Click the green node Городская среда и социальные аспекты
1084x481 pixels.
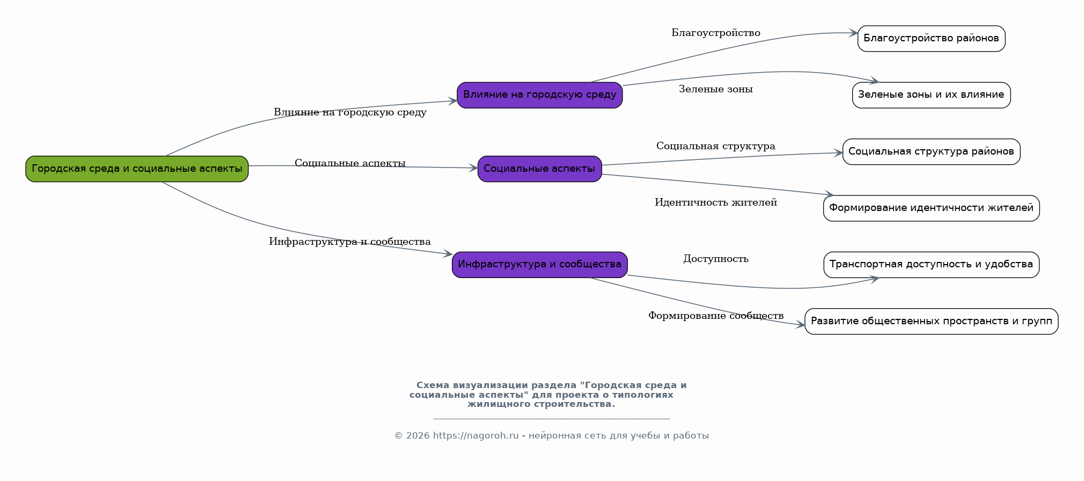137,169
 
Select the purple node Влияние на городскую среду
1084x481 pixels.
540,95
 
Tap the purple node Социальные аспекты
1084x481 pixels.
540,169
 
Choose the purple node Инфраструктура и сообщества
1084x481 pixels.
540,265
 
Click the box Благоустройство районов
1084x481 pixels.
931,39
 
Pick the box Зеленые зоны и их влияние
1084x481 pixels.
931,95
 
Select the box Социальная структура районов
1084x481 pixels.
931,152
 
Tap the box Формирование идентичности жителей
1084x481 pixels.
931,208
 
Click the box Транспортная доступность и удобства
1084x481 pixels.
931,265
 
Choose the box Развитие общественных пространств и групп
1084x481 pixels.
931,322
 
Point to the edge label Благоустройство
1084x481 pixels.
716,33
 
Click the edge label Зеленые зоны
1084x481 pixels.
716,89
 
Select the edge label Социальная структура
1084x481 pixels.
716,146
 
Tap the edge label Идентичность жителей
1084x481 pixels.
716,202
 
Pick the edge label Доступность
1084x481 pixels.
716,259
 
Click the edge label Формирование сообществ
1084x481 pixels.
716,316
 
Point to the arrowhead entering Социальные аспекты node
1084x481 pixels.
473,168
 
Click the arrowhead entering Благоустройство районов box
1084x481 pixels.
853,33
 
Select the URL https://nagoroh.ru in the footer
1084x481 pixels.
475,436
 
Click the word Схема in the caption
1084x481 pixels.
433,385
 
